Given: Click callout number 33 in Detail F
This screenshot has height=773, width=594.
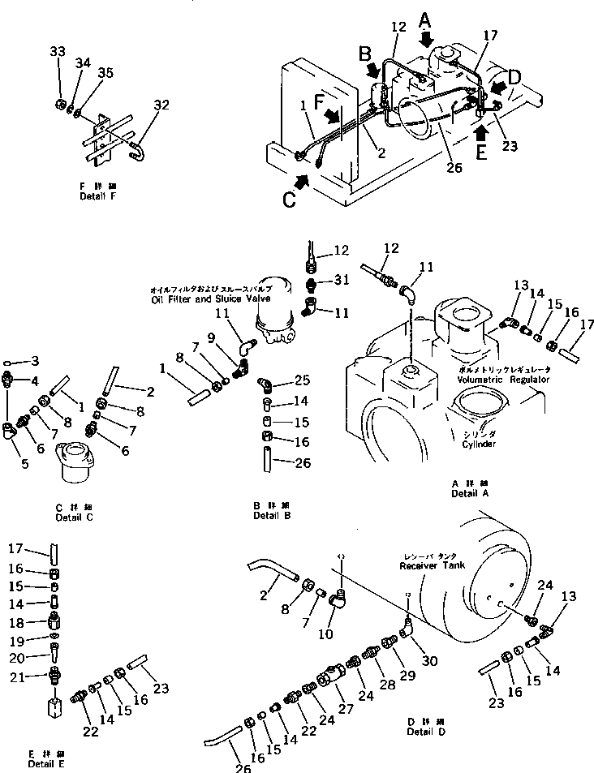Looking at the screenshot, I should pos(57,52).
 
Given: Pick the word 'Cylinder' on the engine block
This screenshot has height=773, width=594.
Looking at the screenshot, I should pos(479,444).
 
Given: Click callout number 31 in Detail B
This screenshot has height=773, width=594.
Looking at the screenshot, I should pos(341,281).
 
